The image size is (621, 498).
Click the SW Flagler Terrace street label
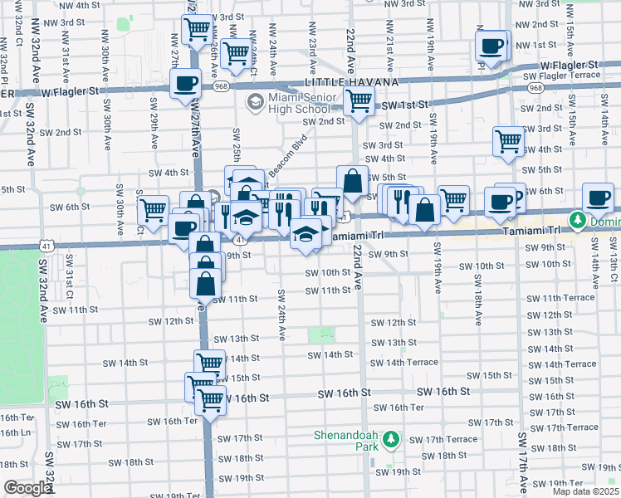[x=560, y=76]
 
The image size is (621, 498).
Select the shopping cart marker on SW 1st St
[x=358, y=101]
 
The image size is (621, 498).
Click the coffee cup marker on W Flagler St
[x=185, y=83]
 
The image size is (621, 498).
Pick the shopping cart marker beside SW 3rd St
[x=508, y=140]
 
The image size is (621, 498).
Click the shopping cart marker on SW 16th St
[x=211, y=399]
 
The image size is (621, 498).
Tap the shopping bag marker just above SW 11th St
[x=205, y=284]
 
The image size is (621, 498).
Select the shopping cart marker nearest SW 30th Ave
[x=153, y=212]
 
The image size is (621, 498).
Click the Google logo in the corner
[x=27, y=488]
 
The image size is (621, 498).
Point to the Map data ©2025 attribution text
[x=585, y=491]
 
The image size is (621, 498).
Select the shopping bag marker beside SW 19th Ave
[x=424, y=212]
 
